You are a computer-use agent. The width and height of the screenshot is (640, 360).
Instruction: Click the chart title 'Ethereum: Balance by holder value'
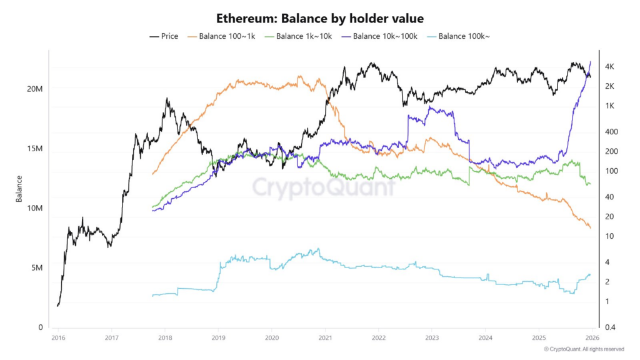[319, 18]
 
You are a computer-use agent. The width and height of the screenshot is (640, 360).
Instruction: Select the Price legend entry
[164, 36]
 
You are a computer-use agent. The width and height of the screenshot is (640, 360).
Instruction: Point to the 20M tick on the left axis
[34, 89]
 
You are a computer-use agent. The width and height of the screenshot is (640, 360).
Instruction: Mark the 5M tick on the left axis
[37, 267]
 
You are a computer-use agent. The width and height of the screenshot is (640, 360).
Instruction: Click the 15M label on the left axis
[34, 149]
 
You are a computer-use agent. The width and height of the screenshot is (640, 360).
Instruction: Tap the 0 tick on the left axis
[40, 327]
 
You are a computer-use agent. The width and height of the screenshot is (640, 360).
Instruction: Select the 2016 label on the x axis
[57, 337]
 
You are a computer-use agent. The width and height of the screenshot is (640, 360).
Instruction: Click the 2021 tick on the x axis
[325, 337]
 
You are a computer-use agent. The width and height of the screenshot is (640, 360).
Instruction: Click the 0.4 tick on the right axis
[611, 327]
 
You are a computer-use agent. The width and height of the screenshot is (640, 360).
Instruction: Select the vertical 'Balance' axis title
[19, 188]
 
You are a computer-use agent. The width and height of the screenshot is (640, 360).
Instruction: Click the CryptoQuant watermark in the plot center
[323, 187]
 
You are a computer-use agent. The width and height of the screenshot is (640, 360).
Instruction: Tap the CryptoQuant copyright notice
[583, 349]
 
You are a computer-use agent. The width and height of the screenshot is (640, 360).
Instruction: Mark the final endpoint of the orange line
[590, 228]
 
